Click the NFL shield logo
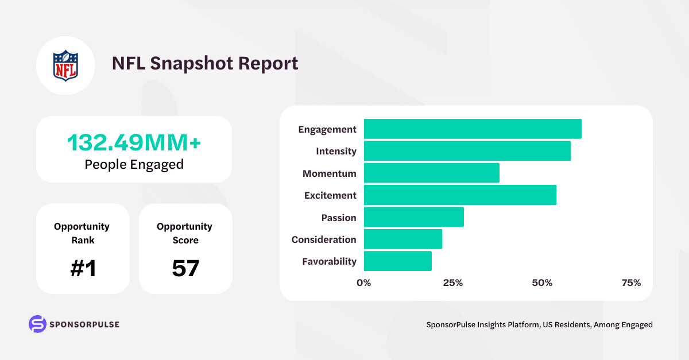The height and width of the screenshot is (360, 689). [x=65, y=65]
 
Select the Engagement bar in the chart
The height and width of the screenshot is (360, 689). [x=473, y=129]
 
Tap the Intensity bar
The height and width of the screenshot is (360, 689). [x=467, y=151]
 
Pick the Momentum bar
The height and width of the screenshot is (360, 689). [x=432, y=173]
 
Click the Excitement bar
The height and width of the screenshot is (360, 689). [x=460, y=195]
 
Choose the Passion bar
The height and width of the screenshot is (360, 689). [x=414, y=217]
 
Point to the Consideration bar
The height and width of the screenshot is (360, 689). [x=403, y=239]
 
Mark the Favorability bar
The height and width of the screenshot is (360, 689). [x=398, y=261]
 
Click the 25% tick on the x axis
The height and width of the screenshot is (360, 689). [x=453, y=283]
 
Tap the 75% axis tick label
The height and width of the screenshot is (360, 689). [x=631, y=283]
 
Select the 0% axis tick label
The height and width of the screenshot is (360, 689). [x=364, y=283]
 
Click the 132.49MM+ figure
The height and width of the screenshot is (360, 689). [x=134, y=142]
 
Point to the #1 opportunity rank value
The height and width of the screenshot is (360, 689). [x=83, y=268]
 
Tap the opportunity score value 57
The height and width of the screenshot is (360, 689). [x=185, y=268]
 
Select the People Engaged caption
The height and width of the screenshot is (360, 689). [x=134, y=164]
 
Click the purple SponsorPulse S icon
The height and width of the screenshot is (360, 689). [x=37, y=324]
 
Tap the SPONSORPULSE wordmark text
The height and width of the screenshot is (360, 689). [x=84, y=324]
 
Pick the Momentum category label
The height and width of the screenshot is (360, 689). [x=329, y=173]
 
